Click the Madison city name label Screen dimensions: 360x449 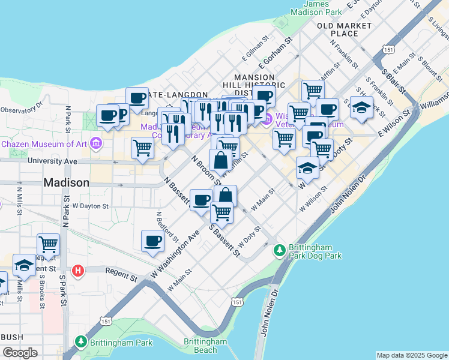pyautogui.click(x=66, y=182)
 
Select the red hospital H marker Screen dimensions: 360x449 pyautogui.click(x=77, y=271)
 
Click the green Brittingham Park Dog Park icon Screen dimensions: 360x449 pyautogui.click(x=280, y=250)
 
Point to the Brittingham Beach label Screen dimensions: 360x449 pyautogui.click(x=205, y=346)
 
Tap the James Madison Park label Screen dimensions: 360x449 pyautogui.click(x=316, y=7)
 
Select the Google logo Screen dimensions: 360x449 pyautogui.click(x=20, y=352)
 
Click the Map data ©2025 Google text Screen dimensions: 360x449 pyautogui.click(x=412, y=355)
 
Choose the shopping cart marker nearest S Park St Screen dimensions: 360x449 pyautogui.click(x=48, y=244)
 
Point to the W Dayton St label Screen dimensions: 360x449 pyautogui.click(x=89, y=206)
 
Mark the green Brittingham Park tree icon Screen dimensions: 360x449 pyautogui.click(x=81, y=341)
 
